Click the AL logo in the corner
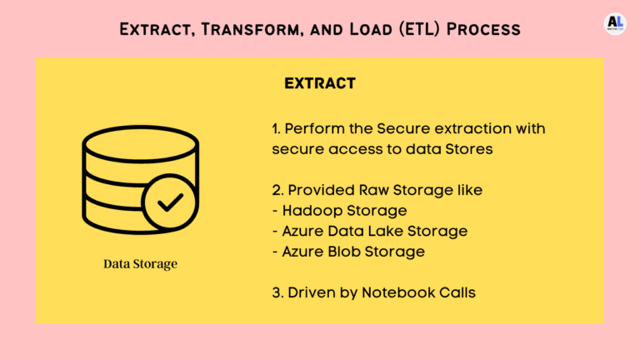615,23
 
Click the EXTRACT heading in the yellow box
320,83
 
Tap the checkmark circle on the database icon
170,202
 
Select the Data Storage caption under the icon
140,263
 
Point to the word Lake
388,231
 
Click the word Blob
344,252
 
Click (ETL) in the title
420,29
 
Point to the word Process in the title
483,29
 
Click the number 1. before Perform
277,128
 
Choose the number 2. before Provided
277,190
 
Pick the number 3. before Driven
277,292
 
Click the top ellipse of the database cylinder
140,143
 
